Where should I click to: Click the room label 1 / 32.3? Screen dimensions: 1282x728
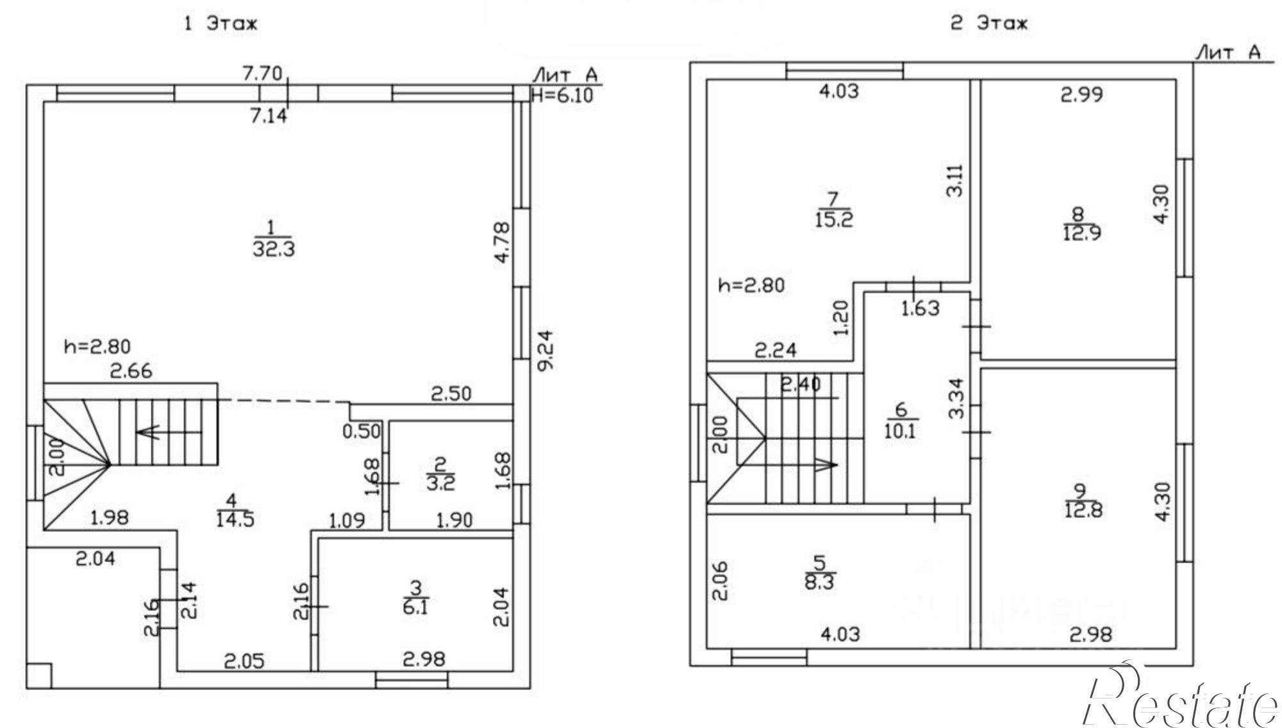click(x=274, y=238)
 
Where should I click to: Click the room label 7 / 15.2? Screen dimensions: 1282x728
click(x=834, y=210)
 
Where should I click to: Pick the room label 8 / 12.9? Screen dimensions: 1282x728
click(x=1082, y=222)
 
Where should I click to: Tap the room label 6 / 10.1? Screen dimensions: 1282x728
click(x=900, y=420)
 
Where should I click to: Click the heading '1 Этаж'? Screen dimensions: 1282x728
click(x=221, y=24)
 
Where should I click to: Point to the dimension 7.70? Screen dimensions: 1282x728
click(x=262, y=74)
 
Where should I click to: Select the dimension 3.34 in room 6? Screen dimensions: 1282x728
click(x=956, y=399)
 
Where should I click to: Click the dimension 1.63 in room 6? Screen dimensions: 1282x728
click(x=920, y=309)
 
